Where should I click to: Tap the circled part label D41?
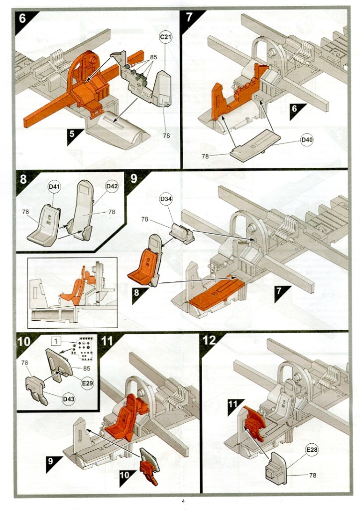click(54, 187)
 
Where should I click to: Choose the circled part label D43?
click(67, 400)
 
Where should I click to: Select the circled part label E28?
click(312, 450)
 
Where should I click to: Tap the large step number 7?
click(190, 17)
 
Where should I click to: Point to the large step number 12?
click(210, 341)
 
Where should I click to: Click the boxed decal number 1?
click(57, 342)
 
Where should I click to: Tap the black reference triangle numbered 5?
click(73, 134)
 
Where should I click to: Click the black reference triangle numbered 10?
click(126, 475)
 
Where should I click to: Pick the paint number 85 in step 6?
click(153, 57)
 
